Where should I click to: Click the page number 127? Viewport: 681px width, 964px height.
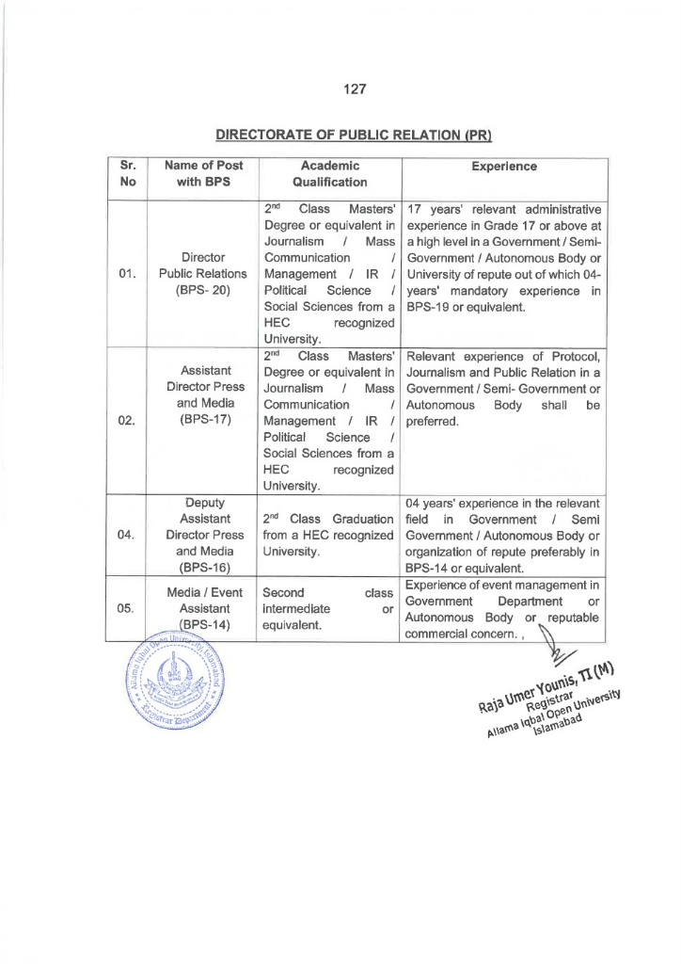(x=354, y=89)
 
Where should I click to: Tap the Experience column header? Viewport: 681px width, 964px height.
(x=504, y=166)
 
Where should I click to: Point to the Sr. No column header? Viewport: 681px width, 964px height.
(x=128, y=173)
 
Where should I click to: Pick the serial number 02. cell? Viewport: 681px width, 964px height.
(x=128, y=420)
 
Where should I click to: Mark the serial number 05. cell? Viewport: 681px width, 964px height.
(x=128, y=607)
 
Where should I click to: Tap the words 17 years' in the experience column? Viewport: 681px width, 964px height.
(x=434, y=208)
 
